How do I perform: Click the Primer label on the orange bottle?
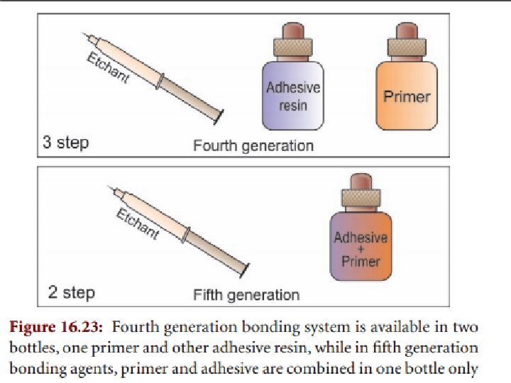407,96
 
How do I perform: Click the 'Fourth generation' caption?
253,145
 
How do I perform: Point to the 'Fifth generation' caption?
246,294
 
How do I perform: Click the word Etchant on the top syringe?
108,67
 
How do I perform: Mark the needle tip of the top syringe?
84,34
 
